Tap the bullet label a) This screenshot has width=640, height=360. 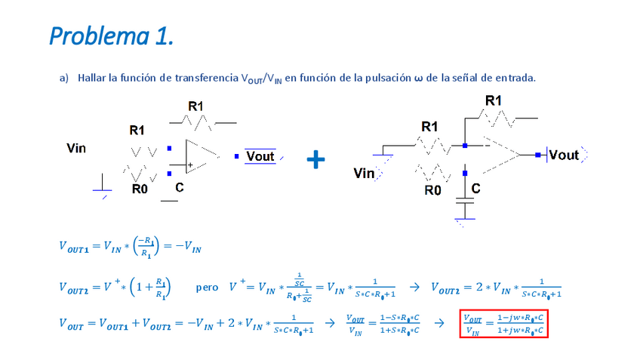pyautogui.click(x=64, y=78)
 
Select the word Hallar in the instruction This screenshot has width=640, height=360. pyautogui.click(x=93, y=78)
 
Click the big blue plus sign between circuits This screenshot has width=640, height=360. pyautogui.click(x=316, y=158)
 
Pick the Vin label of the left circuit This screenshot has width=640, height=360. pyautogui.click(x=76, y=148)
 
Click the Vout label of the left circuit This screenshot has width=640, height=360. pyautogui.click(x=260, y=156)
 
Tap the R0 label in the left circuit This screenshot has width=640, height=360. pyautogui.click(x=140, y=189)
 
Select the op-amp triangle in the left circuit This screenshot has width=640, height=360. pyautogui.click(x=200, y=155)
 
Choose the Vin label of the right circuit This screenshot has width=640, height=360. pyautogui.click(x=364, y=174)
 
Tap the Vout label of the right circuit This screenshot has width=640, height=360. pyautogui.click(x=564, y=155)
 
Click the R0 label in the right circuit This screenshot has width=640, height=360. pyautogui.click(x=432, y=190)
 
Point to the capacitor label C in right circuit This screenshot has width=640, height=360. pyautogui.click(x=476, y=188)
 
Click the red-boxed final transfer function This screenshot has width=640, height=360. pyautogui.click(x=503, y=323)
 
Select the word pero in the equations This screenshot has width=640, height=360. pyautogui.click(x=207, y=288)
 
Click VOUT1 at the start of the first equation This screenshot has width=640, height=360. pyautogui.click(x=77, y=246)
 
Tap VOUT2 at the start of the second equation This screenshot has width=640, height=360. pyautogui.click(x=77, y=288)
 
